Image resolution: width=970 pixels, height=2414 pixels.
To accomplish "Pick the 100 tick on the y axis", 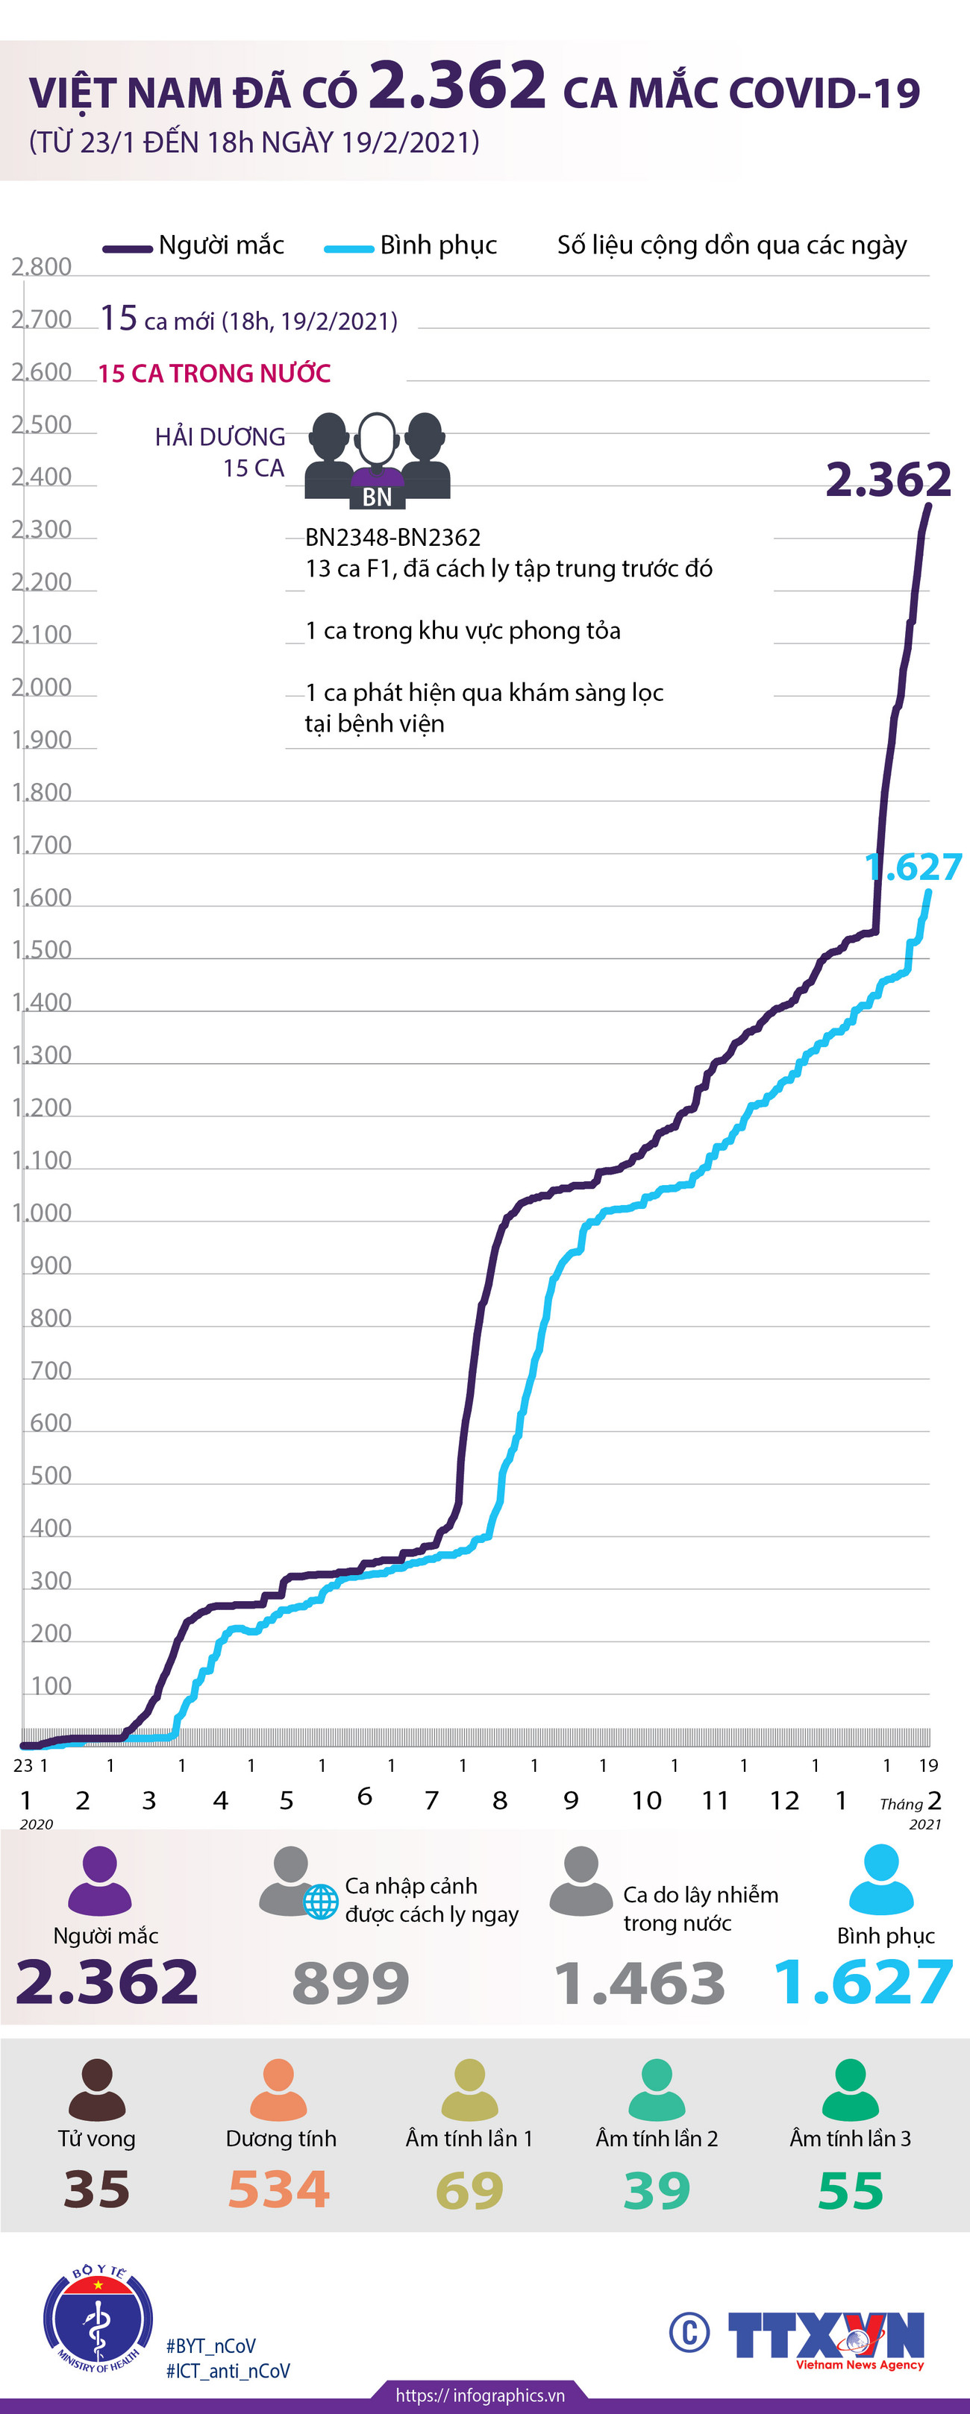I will pos(51,1686).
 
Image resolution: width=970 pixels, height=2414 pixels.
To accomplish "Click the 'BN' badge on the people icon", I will pos(377,497).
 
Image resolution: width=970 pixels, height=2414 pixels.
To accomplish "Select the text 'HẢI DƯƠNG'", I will pos(220,437).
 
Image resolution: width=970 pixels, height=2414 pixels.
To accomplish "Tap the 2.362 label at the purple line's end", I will pos(887,480).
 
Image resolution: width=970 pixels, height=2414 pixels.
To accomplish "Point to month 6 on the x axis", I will pos(365,1797).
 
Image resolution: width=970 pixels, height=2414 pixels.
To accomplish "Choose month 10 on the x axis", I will pos(645,1800).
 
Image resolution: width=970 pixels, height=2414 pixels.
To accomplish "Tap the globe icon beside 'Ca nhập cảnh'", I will pos(321,1902).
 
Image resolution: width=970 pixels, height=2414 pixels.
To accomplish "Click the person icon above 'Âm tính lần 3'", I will pos(850,2089).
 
